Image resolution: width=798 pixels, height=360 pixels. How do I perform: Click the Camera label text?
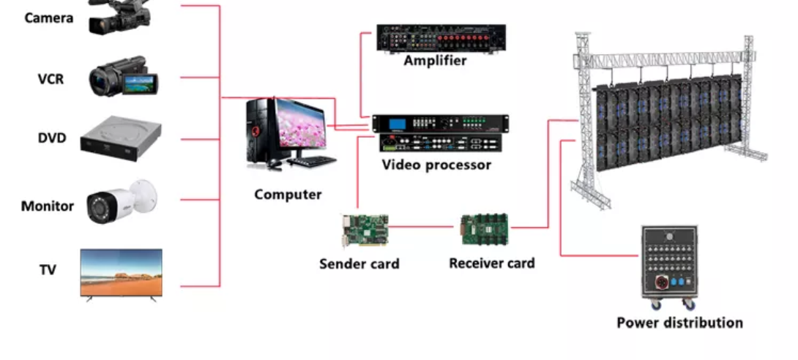point(49,18)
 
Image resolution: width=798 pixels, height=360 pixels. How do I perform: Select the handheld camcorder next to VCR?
point(122,78)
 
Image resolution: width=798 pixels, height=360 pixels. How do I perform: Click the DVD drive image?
point(121,138)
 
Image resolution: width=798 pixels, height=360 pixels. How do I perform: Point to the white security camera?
point(121,200)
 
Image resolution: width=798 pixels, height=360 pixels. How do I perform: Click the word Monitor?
point(47,206)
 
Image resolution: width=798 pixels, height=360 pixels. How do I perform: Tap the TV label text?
point(48,270)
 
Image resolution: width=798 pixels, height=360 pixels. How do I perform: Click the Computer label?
point(288,195)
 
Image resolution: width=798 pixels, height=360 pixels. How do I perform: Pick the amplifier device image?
point(441,38)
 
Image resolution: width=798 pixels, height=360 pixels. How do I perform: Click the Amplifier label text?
point(435,61)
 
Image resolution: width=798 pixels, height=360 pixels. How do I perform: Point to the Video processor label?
point(436,165)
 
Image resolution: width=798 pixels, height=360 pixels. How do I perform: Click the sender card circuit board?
point(365,230)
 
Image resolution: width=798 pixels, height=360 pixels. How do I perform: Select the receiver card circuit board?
point(484,228)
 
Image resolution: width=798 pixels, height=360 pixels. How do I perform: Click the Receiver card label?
point(492,263)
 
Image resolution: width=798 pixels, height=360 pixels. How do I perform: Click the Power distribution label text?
point(679,323)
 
